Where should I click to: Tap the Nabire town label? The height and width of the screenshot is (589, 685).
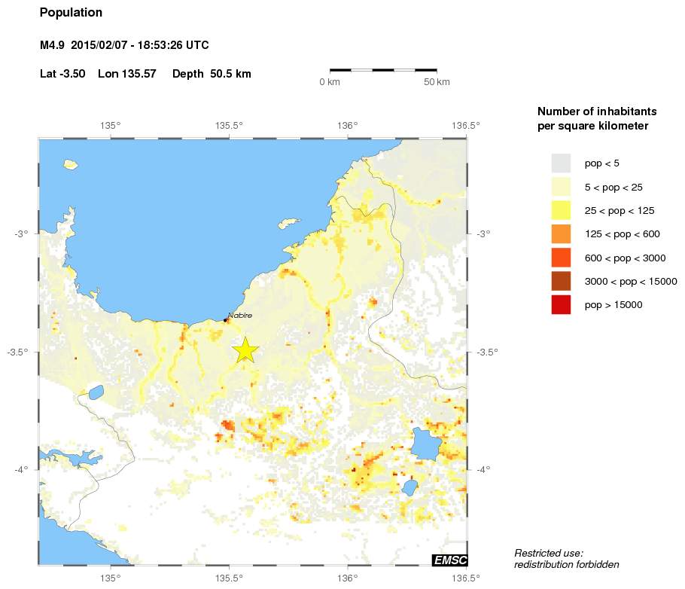click(240, 315)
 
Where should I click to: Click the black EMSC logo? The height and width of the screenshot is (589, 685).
click(449, 560)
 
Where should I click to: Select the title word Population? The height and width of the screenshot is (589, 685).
click(71, 13)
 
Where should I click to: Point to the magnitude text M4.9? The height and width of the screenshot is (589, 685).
click(53, 46)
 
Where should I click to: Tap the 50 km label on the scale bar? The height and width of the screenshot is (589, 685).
click(437, 81)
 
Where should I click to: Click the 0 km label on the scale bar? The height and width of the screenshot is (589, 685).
click(330, 81)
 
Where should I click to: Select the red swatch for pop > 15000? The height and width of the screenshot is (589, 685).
click(561, 305)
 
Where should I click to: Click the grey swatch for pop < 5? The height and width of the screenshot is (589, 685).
click(561, 163)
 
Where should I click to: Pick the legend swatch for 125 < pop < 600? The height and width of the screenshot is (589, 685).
click(561, 234)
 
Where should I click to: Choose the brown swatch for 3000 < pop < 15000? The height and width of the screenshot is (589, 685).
click(561, 282)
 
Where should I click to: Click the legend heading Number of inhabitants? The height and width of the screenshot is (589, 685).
click(593, 111)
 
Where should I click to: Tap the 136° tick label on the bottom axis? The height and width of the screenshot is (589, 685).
click(347, 578)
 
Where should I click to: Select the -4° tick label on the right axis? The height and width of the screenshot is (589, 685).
click(483, 470)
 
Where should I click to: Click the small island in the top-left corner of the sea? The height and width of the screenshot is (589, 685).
click(72, 163)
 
